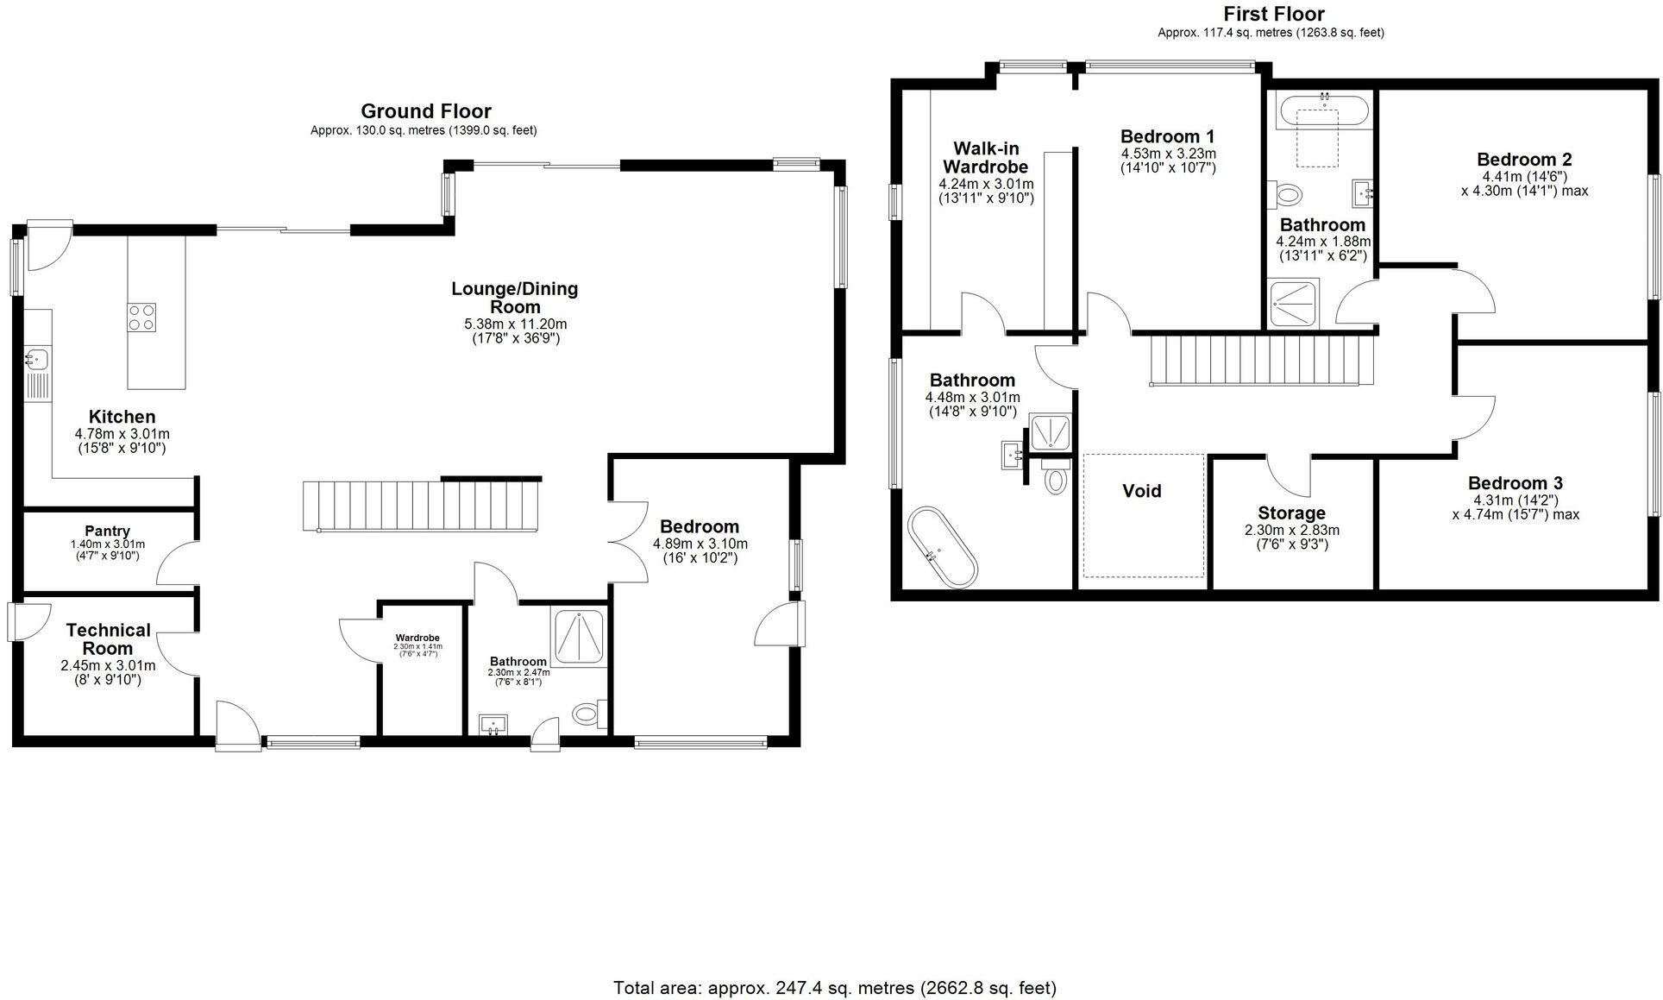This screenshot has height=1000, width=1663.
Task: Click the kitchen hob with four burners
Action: [x=142, y=318]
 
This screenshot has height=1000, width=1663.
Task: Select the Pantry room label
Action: [x=108, y=531]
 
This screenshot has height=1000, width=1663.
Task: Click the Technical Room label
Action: [x=109, y=639]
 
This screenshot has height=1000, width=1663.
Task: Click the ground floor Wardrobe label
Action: [x=417, y=638]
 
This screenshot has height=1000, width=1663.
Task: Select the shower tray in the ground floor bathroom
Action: [x=580, y=638]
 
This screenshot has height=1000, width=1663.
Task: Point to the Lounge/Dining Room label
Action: [x=515, y=298]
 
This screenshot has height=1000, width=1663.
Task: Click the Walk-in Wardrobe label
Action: [x=986, y=158]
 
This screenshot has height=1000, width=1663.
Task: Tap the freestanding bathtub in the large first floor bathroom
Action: [x=943, y=548]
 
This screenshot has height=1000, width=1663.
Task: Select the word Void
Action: [x=1142, y=491]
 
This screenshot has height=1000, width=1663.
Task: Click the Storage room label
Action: [x=1291, y=513]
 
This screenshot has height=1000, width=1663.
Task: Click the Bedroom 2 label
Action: [x=1524, y=160]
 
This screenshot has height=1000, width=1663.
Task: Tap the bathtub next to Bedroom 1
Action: [x=1321, y=113]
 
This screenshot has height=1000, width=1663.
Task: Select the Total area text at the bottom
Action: [x=835, y=988]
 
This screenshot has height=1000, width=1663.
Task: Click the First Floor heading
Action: [x=1274, y=14]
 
